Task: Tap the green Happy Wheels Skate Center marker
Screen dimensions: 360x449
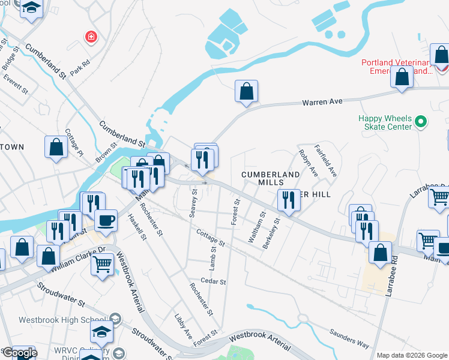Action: click(x=421, y=122)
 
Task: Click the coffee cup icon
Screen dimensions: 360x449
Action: click(x=106, y=220)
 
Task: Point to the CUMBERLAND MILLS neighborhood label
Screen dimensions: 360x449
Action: click(x=270, y=178)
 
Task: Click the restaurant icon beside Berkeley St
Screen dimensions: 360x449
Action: click(x=289, y=200)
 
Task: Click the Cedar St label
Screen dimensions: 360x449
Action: click(x=214, y=281)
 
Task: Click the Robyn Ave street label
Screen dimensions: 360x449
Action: click(x=308, y=162)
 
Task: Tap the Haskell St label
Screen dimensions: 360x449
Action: click(x=137, y=227)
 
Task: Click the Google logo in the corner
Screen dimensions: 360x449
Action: click(x=20, y=353)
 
